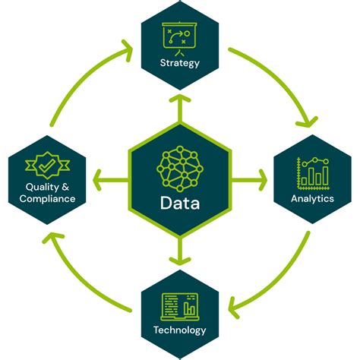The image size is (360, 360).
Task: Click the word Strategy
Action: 180,63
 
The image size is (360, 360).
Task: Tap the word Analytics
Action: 312,199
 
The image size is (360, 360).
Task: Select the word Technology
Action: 180,330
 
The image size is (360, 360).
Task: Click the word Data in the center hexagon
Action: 180,203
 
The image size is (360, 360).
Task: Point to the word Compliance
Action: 48,199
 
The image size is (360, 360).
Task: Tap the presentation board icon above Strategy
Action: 180,39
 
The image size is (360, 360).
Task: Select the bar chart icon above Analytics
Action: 312,174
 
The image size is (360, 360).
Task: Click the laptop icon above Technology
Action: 180,307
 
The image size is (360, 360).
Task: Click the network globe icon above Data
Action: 180,168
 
